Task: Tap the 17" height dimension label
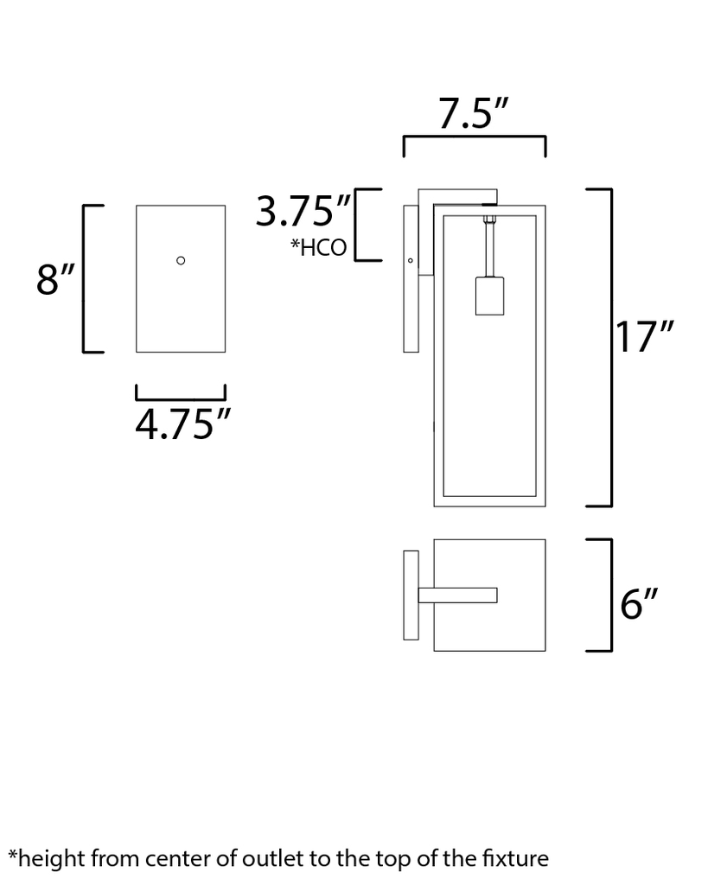click(643, 337)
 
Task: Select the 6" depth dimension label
click(639, 603)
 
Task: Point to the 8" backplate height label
click(55, 279)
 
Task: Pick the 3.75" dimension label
click(303, 211)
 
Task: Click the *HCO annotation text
click(318, 248)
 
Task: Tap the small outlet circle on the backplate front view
click(181, 260)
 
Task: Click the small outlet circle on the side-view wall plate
click(411, 260)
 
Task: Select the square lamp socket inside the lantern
click(489, 296)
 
